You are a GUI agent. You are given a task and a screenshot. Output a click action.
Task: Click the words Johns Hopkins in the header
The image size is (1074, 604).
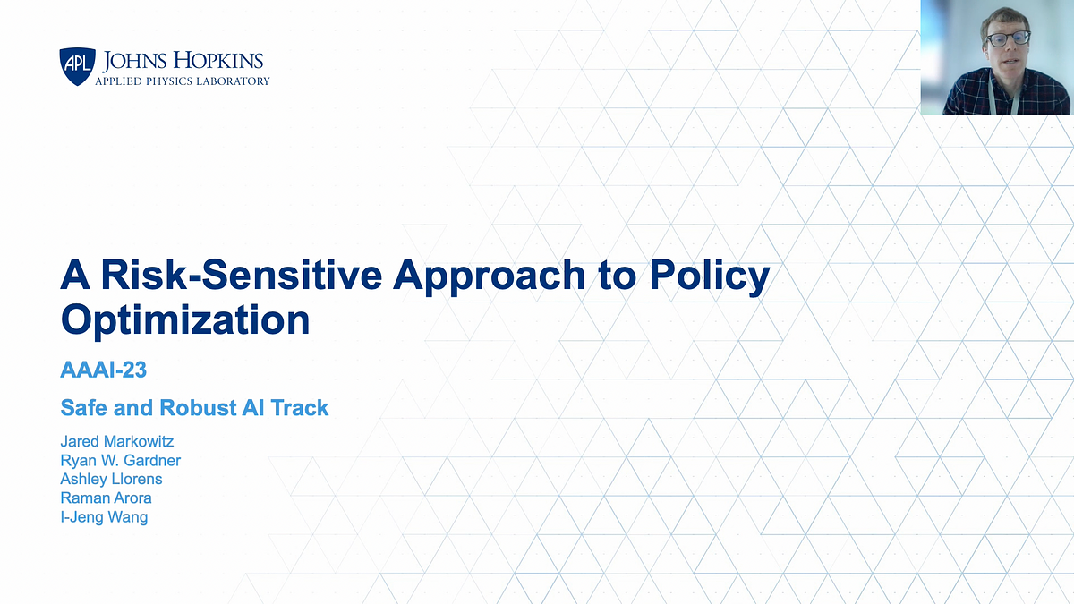pos(183,61)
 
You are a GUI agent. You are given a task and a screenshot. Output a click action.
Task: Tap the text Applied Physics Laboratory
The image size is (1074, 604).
pos(183,81)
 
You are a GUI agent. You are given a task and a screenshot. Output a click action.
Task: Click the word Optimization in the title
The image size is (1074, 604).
pos(185,319)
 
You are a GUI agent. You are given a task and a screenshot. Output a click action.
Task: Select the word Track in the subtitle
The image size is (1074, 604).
pos(300,408)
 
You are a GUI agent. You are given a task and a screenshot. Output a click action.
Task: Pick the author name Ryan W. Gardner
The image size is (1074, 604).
pos(121,460)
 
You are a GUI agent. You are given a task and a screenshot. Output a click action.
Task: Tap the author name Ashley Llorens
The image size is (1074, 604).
pos(111,479)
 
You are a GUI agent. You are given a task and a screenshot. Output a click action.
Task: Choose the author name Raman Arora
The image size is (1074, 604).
pos(105,498)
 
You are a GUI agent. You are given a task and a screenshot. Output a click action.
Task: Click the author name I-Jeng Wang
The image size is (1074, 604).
pos(104,516)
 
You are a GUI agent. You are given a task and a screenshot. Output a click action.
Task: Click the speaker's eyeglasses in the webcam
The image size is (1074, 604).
pos(1008,39)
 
